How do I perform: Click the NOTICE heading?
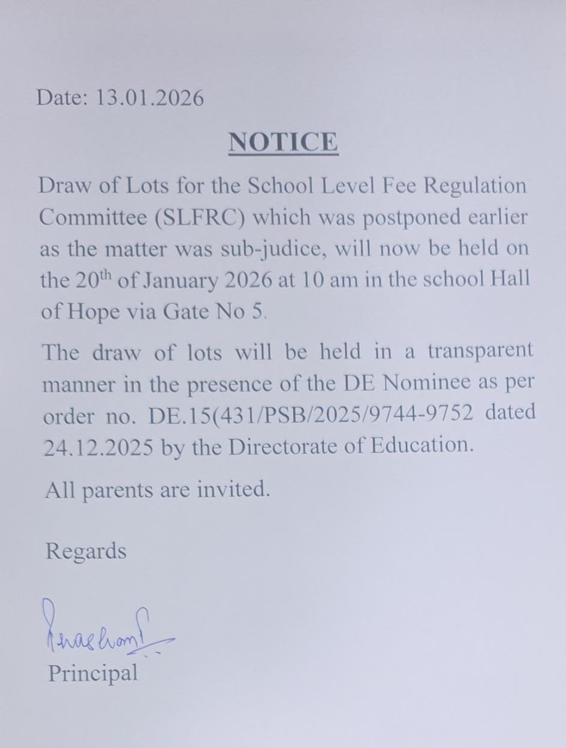coord(283,143)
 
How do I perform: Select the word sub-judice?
coord(273,249)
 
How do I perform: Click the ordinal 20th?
coord(94,280)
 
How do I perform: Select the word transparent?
coord(480,351)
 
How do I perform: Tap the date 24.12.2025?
coord(97,447)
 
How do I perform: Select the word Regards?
coord(86,551)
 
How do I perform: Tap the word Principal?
coord(92,672)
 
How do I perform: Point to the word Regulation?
coord(475,185)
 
